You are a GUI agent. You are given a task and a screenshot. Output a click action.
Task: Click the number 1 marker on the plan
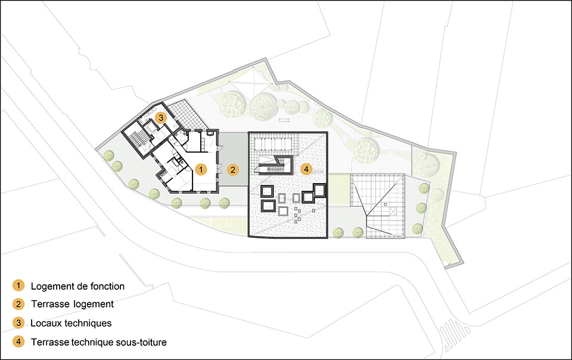coord(201,169)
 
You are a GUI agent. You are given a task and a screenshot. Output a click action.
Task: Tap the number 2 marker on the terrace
coord(233,170)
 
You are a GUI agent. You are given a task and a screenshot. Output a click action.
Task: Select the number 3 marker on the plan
coord(161,118)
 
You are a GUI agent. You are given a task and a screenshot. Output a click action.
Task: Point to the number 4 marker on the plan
coord(306,169)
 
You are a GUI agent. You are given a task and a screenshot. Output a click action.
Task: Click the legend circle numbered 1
coord(18,285)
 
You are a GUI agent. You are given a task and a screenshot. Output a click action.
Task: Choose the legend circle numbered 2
coord(18,304)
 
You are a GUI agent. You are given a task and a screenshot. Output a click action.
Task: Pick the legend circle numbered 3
coord(18,323)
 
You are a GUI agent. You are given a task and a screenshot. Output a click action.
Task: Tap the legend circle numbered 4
coord(18,342)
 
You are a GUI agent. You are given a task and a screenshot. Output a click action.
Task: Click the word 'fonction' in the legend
coord(108,286)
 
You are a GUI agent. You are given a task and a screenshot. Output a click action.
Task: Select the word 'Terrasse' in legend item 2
coord(50,304)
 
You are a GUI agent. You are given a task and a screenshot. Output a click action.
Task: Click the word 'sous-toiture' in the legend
coord(141,342)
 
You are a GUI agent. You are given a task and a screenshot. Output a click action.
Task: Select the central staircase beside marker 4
coord(275,165)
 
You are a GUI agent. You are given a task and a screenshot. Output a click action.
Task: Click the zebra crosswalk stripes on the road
coord(455,333)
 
